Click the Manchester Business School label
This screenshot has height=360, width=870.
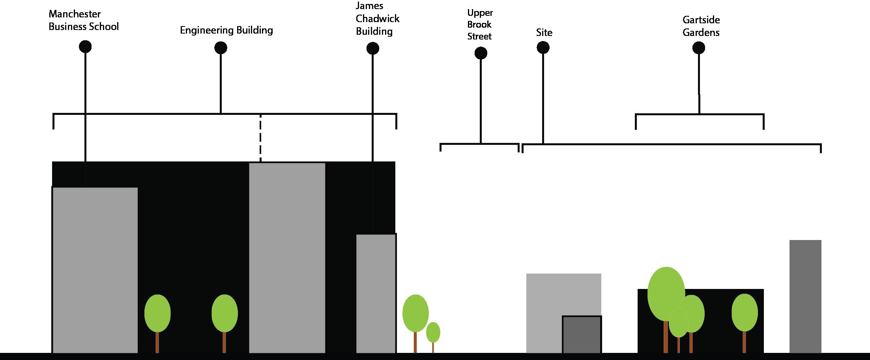83,21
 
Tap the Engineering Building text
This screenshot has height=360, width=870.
226,30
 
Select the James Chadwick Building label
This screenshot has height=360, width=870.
377,19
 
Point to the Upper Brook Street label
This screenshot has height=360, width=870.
479,24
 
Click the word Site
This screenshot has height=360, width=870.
544,33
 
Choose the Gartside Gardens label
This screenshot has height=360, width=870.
701,26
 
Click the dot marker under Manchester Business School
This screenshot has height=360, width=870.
85,47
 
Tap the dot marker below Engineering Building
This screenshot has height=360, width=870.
221,48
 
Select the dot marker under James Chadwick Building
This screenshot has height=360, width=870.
372,49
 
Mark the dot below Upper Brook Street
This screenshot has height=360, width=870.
481,53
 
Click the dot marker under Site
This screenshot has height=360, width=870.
543,48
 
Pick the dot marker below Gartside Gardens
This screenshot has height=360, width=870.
698,48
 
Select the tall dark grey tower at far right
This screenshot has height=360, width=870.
805,296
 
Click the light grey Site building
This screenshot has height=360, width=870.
552,300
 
